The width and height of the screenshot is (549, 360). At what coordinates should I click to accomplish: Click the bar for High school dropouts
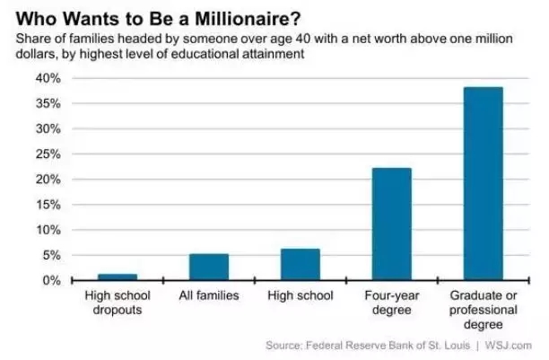(x=117, y=277)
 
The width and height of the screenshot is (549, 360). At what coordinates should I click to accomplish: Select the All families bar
(x=208, y=267)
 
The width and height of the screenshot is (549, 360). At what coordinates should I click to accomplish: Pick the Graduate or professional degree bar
(x=482, y=183)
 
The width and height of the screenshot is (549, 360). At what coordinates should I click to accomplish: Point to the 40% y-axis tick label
(x=47, y=78)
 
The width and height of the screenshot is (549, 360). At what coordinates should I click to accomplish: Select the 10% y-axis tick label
(x=47, y=230)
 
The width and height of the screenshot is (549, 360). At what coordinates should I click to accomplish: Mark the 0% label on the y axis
(x=50, y=281)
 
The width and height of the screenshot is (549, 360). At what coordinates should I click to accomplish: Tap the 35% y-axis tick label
(x=47, y=103)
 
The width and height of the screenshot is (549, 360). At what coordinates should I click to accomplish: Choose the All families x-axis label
(x=208, y=294)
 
